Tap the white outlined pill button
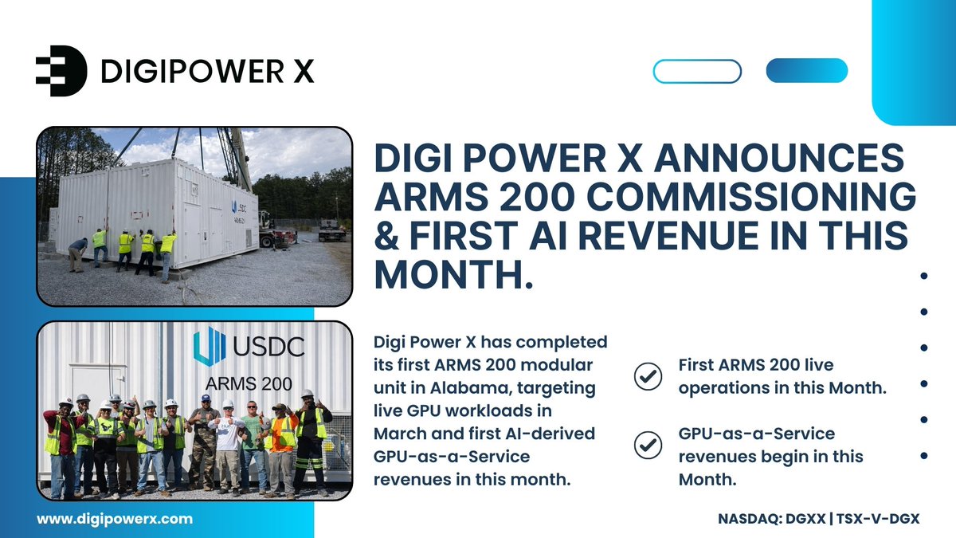[x=697, y=71]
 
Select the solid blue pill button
[x=806, y=71]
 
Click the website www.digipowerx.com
[x=115, y=518]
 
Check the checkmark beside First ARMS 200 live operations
[x=648, y=376]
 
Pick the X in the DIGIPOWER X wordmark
[x=302, y=72]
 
